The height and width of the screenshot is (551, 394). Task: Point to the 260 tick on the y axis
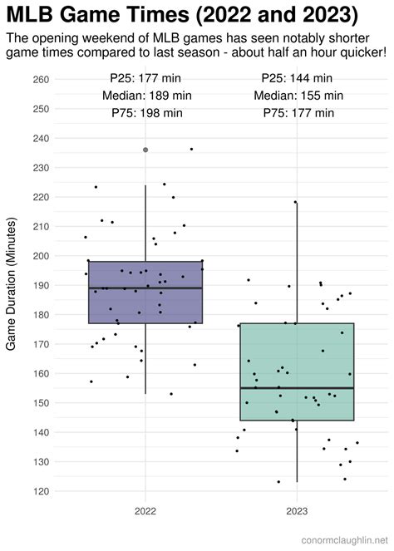click(40, 80)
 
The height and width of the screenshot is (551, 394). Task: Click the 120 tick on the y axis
click(40, 491)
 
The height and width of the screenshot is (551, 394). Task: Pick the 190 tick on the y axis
click(40, 285)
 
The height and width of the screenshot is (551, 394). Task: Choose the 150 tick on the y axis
click(40, 403)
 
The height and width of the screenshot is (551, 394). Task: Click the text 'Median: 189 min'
click(146, 95)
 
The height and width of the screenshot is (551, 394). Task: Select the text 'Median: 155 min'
click(298, 95)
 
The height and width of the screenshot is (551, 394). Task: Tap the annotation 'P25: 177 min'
click(146, 77)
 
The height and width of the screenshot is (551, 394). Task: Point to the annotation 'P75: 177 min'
click(298, 113)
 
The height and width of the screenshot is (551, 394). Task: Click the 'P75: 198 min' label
click(146, 113)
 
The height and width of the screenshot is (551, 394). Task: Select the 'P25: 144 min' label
click(298, 77)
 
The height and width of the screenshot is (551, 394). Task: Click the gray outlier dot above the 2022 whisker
click(145, 150)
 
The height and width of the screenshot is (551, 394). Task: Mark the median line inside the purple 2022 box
click(145, 288)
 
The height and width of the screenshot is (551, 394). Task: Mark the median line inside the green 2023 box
click(297, 388)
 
